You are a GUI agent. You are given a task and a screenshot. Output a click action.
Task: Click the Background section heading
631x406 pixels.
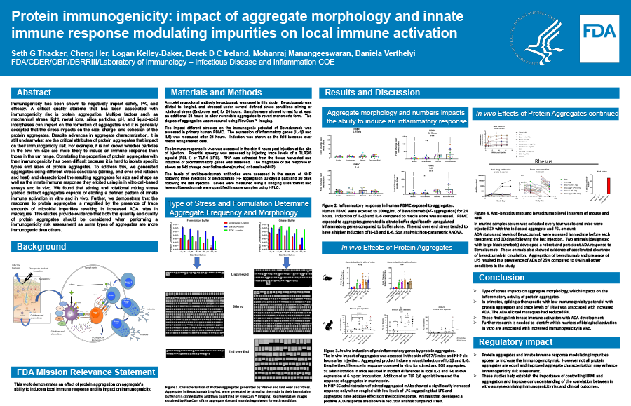point(42,247)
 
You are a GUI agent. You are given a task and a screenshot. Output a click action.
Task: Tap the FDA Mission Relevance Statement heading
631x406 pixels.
point(76,371)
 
